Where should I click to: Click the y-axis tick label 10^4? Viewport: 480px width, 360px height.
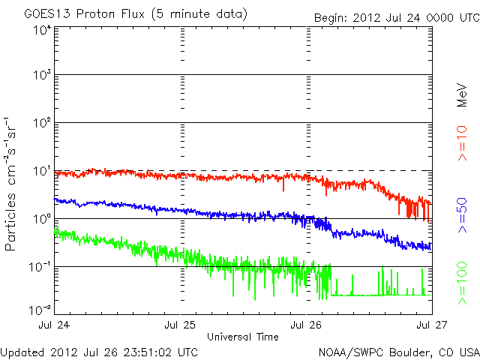coord(41,29)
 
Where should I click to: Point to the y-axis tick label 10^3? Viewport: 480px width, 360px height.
coord(41,76)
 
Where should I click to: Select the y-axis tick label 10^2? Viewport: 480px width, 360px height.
coord(41,124)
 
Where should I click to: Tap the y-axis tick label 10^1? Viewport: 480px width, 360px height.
coord(41,172)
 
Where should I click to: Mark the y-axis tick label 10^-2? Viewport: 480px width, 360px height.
coord(40,308)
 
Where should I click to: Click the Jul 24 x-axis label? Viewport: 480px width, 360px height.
coord(55,325)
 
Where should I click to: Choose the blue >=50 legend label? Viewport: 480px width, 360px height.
coord(462,214)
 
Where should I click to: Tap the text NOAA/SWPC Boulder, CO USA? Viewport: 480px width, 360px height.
coord(397,351)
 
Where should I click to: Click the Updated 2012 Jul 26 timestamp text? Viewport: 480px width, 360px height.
coord(100,351)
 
